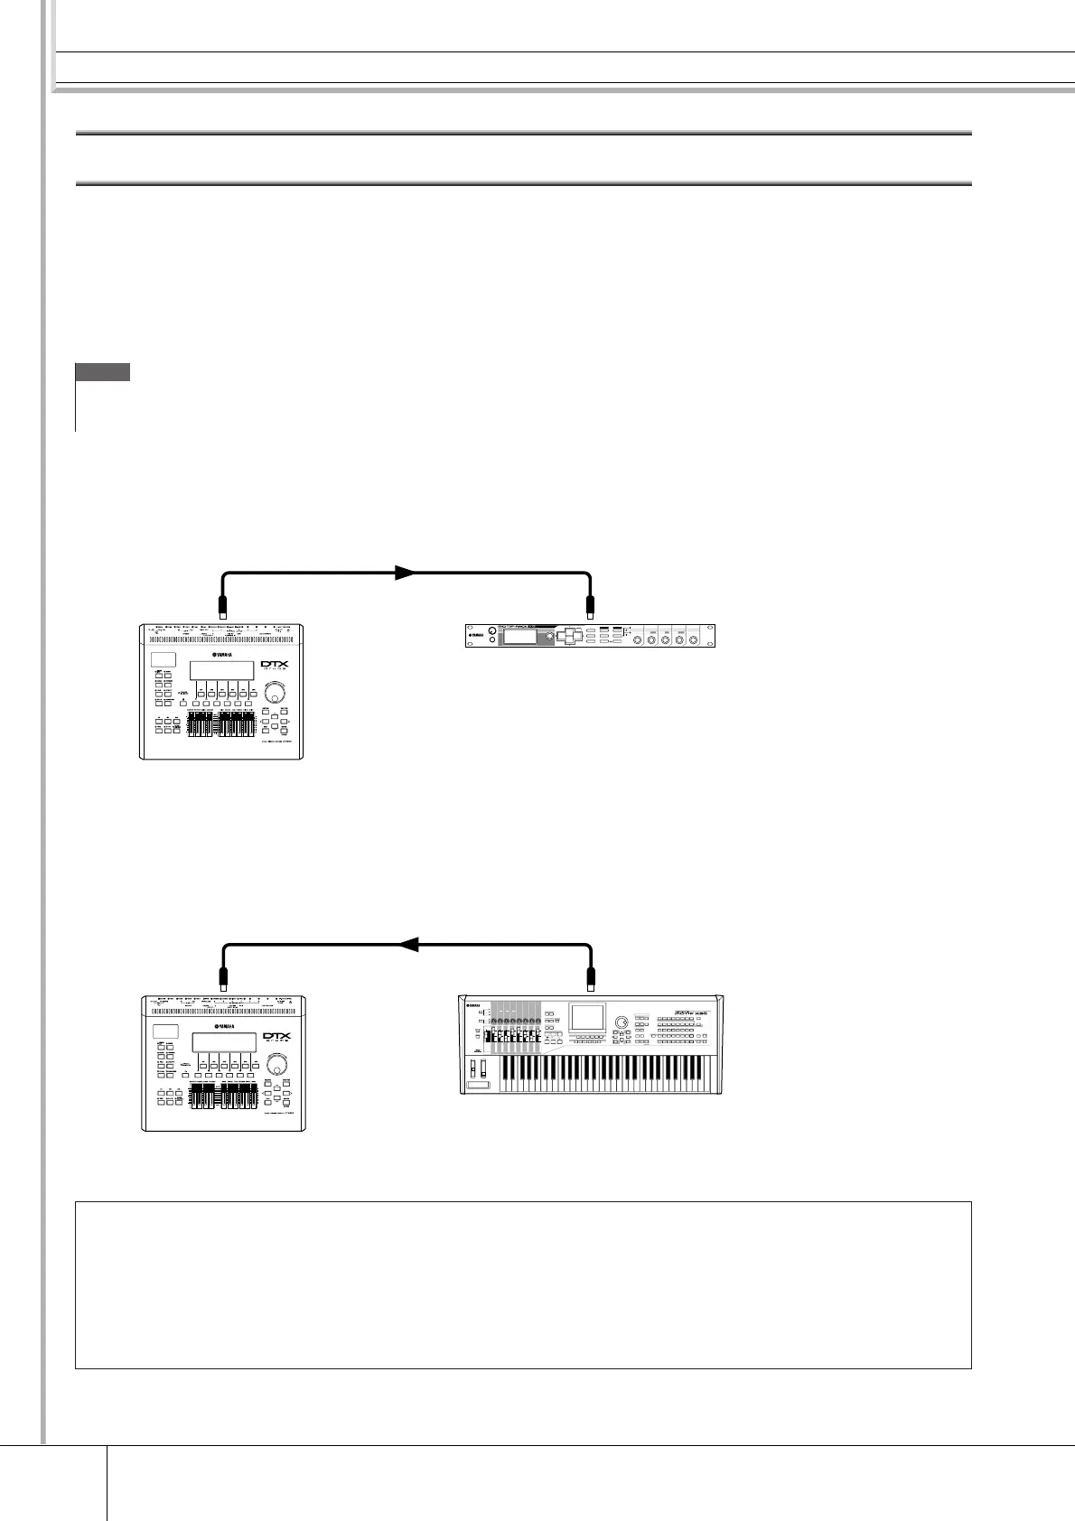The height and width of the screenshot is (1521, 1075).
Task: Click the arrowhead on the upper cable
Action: (x=405, y=573)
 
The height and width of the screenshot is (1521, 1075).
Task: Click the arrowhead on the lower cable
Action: (x=408, y=945)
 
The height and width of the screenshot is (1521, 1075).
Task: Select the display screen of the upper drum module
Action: (x=220, y=670)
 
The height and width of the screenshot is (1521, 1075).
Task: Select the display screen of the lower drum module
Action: (x=223, y=1042)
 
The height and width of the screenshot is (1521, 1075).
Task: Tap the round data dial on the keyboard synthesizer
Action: (x=622, y=1022)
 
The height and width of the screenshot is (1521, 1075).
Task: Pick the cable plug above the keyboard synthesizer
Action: (x=591, y=977)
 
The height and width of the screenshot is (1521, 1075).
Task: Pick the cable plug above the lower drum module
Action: (x=224, y=977)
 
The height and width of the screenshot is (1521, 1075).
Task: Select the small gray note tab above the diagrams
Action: (x=103, y=372)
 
